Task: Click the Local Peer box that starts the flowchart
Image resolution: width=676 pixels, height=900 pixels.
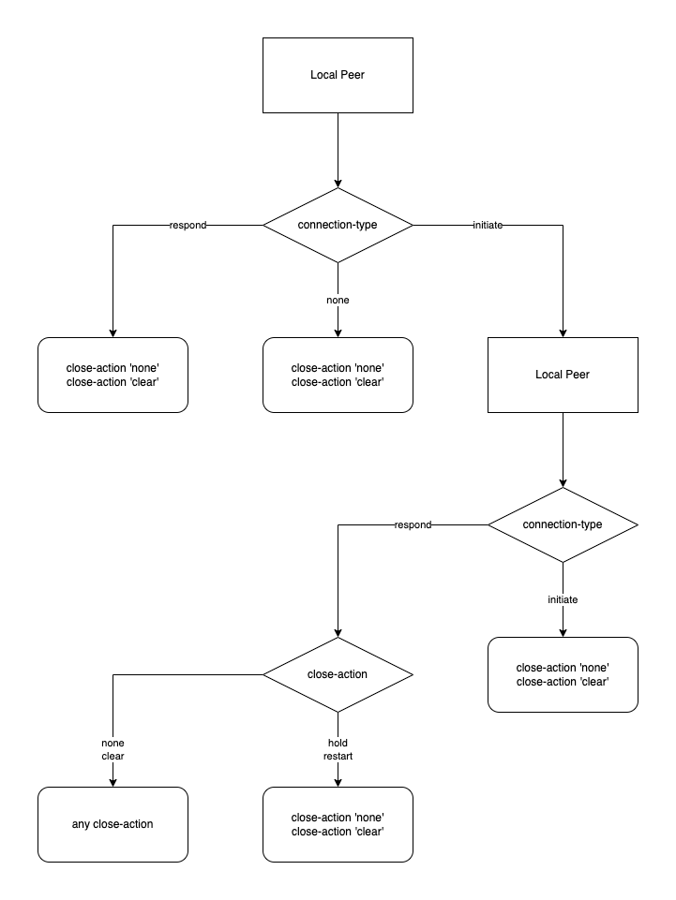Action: [x=338, y=75]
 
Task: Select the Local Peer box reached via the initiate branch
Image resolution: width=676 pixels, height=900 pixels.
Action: [x=563, y=375]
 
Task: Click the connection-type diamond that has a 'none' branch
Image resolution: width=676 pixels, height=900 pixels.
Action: [x=338, y=226]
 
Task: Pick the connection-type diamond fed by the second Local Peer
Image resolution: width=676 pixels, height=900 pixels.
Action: [x=563, y=524]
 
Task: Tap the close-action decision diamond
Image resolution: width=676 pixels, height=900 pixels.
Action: [x=338, y=674]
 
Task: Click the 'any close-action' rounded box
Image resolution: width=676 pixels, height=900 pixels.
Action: [x=113, y=824]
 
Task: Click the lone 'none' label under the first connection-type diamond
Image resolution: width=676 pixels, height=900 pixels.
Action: [x=338, y=300]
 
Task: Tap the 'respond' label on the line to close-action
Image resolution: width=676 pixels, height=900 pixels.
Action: [x=413, y=525]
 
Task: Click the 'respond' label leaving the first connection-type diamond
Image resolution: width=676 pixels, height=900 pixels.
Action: [x=188, y=226]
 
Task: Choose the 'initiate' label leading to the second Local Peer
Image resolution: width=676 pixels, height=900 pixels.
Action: [x=488, y=226]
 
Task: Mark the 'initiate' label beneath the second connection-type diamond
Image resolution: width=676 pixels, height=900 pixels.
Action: [x=563, y=599]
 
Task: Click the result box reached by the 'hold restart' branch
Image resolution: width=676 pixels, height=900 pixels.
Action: [x=338, y=824]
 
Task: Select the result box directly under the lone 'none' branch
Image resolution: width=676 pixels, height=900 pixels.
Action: [x=338, y=375]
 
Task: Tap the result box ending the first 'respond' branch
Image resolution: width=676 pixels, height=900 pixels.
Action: [x=113, y=375]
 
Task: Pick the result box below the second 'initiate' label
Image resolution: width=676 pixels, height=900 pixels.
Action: [x=563, y=674]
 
